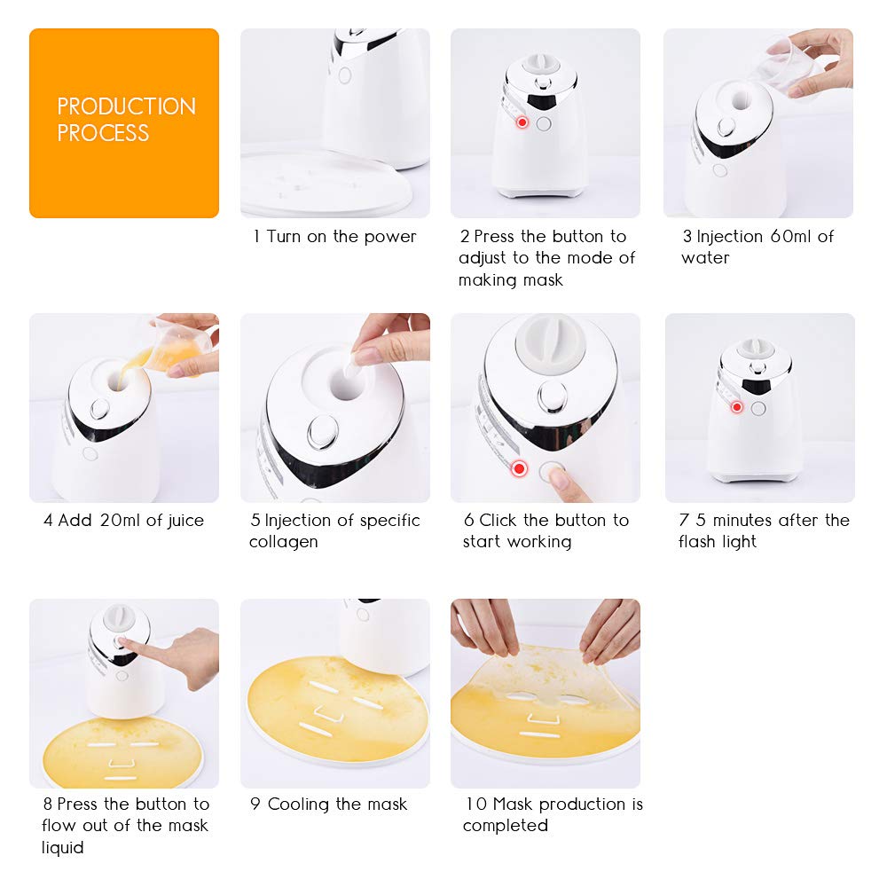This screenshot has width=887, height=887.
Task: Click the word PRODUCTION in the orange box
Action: click(126, 106)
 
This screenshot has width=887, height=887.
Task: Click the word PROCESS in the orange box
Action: click(103, 134)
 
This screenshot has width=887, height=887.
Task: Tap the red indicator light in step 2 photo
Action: click(522, 122)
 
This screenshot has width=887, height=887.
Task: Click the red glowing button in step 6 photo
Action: click(519, 467)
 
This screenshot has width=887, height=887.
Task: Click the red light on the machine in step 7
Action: click(736, 407)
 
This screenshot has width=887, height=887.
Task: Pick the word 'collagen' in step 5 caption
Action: click(283, 542)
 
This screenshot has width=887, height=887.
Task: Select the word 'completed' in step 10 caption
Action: click(506, 826)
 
